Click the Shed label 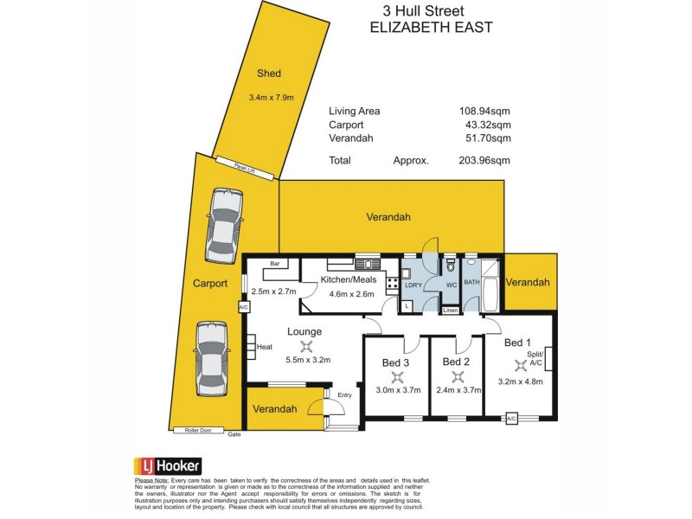269,74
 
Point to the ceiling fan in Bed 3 397,376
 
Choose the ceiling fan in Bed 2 456,376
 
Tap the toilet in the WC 450,267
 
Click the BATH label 471,282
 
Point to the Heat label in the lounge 265,347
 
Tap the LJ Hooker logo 167,465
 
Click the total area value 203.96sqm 484,160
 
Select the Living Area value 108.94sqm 484,111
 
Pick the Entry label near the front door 345,395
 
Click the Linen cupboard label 450,311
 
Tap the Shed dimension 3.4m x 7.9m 271,97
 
